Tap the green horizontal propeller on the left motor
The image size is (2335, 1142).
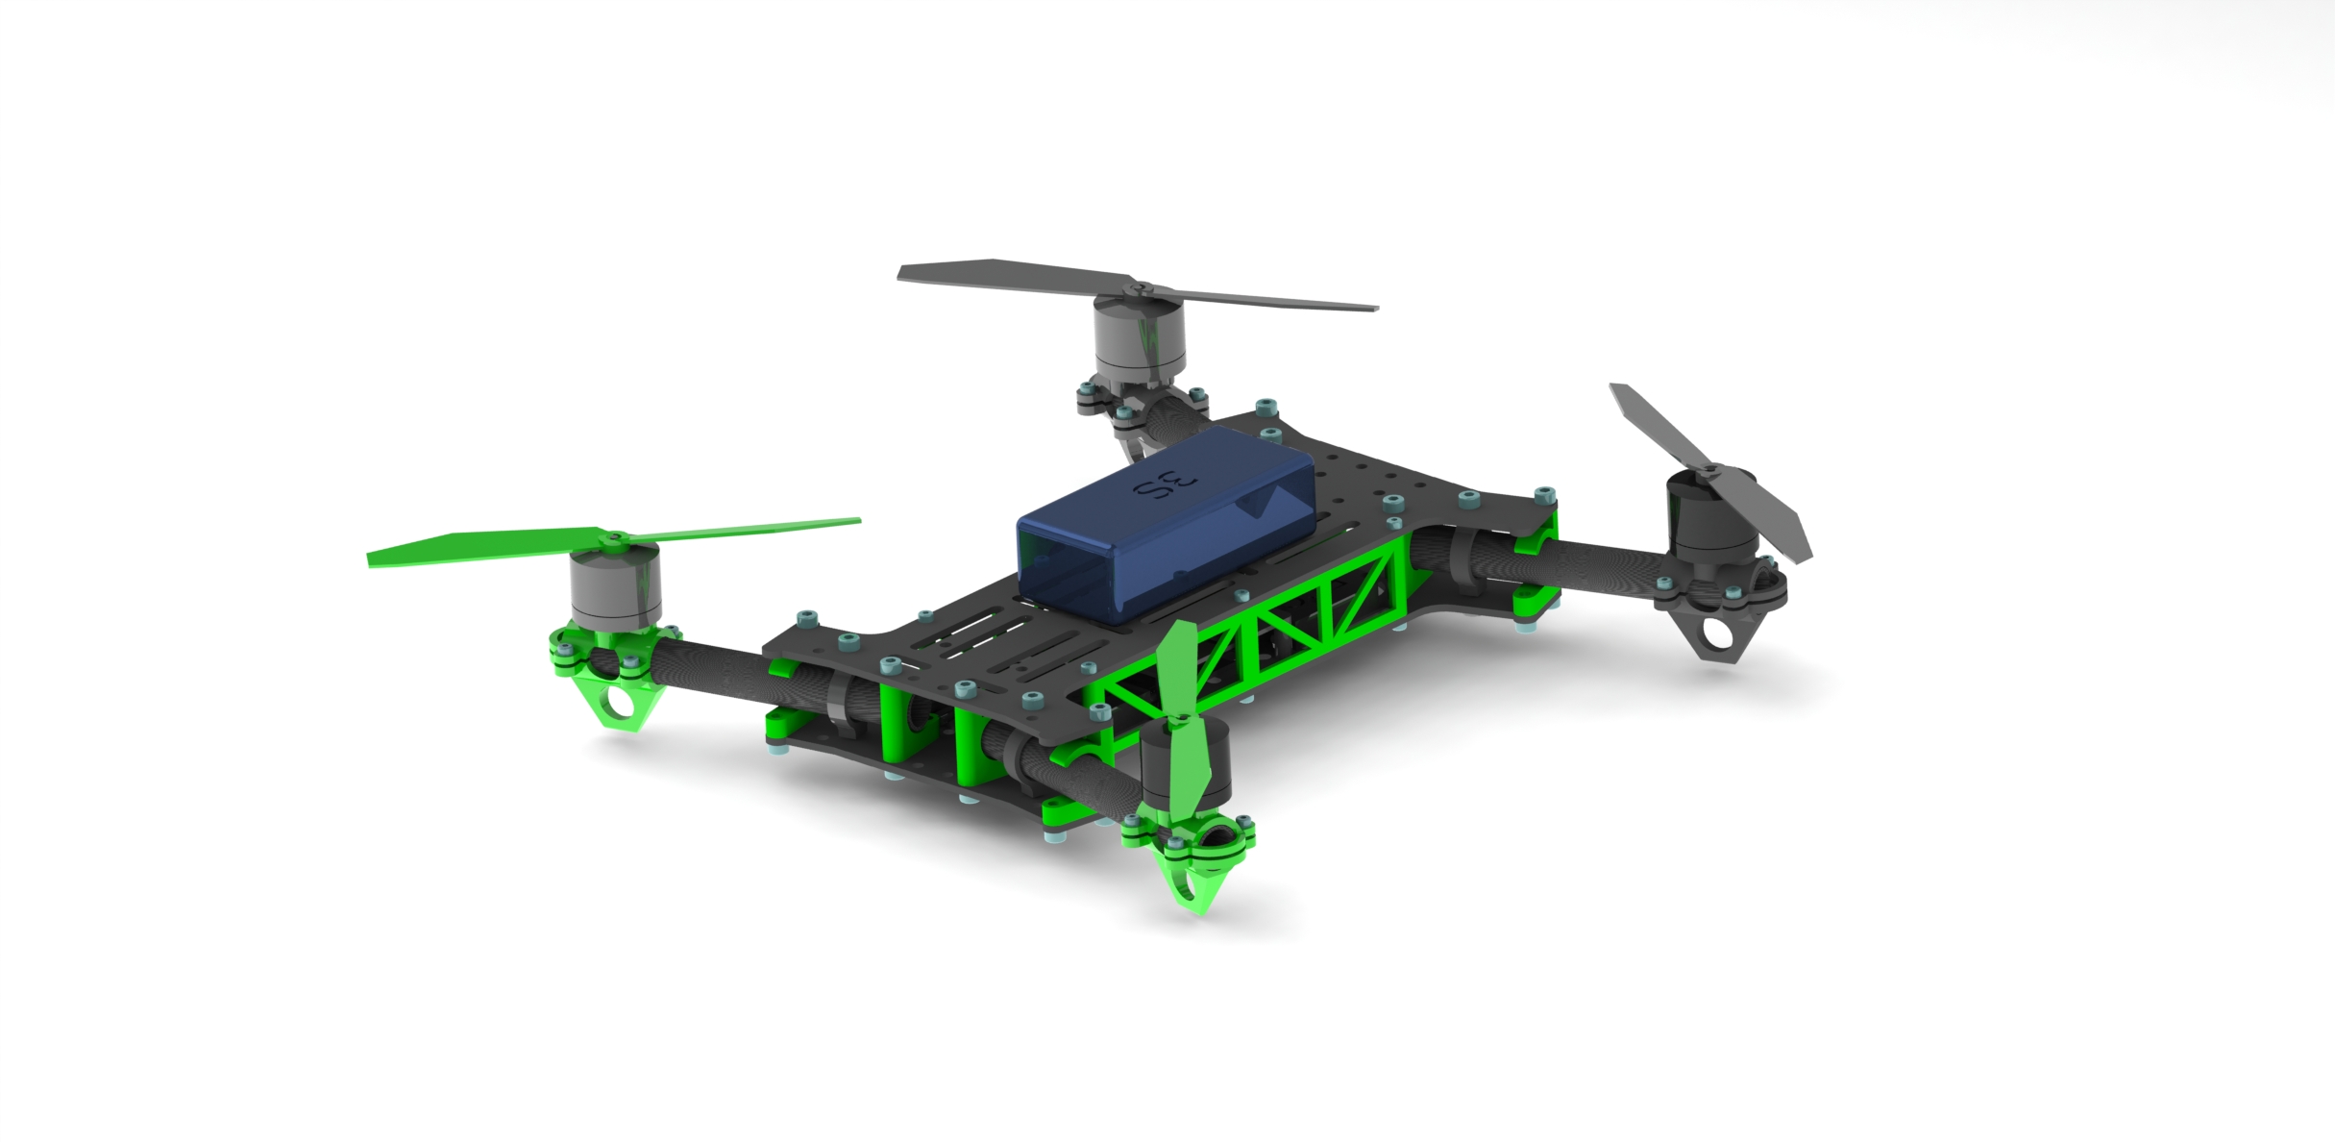click(613, 541)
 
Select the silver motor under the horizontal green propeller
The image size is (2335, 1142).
click(615, 585)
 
